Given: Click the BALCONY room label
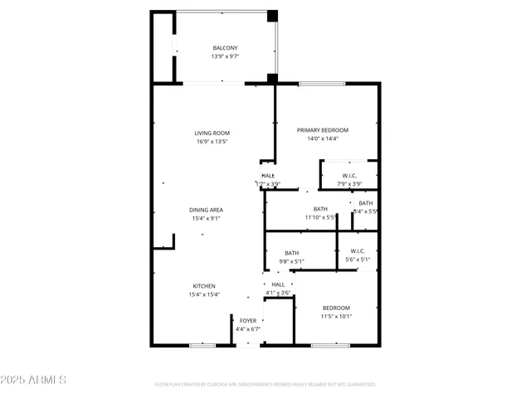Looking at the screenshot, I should (x=225, y=48).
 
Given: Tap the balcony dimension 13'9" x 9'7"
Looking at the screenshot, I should (x=225, y=57).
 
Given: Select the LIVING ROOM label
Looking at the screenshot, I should (x=212, y=133).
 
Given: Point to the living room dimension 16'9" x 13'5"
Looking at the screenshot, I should (x=212, y=142).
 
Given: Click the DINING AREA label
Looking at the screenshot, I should (x=207, y=210).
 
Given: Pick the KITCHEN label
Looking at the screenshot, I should (x=204, y=286).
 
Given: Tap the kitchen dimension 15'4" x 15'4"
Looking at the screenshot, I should (x=204, y=295).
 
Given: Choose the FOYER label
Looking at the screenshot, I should (x=248, y=320).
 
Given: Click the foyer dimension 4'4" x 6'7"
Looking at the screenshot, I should (x=248, y=329).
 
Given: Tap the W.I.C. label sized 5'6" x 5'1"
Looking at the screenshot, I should (x=358, y=251).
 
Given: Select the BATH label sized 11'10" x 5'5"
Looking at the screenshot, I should (x=320, y=209).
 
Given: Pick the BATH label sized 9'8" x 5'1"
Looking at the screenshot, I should (x=292, y=253).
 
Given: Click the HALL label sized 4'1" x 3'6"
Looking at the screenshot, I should (x=277, y=284).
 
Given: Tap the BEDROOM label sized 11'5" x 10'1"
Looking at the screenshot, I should (x=336, y=308).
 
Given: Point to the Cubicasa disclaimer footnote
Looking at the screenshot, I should (x=265, y=385).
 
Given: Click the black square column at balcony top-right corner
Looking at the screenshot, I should (x=271, y=16).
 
